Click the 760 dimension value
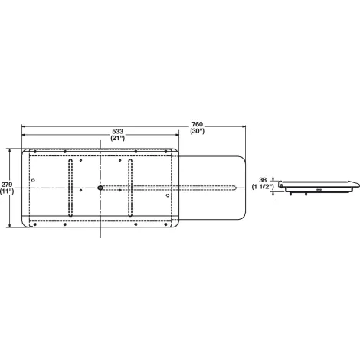[x=197, y=124]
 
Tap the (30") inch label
[x=197, y=131]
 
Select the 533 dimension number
[x=118, y=131]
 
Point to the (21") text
[x=118, y=138]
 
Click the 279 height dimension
[x=7, y=185]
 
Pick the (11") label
[x=7, y=191]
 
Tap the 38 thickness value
[x=263, y=180]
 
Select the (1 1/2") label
[x=263, y=187]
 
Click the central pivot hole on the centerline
[x=100, y=188]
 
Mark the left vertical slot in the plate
[x=70, y=188]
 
